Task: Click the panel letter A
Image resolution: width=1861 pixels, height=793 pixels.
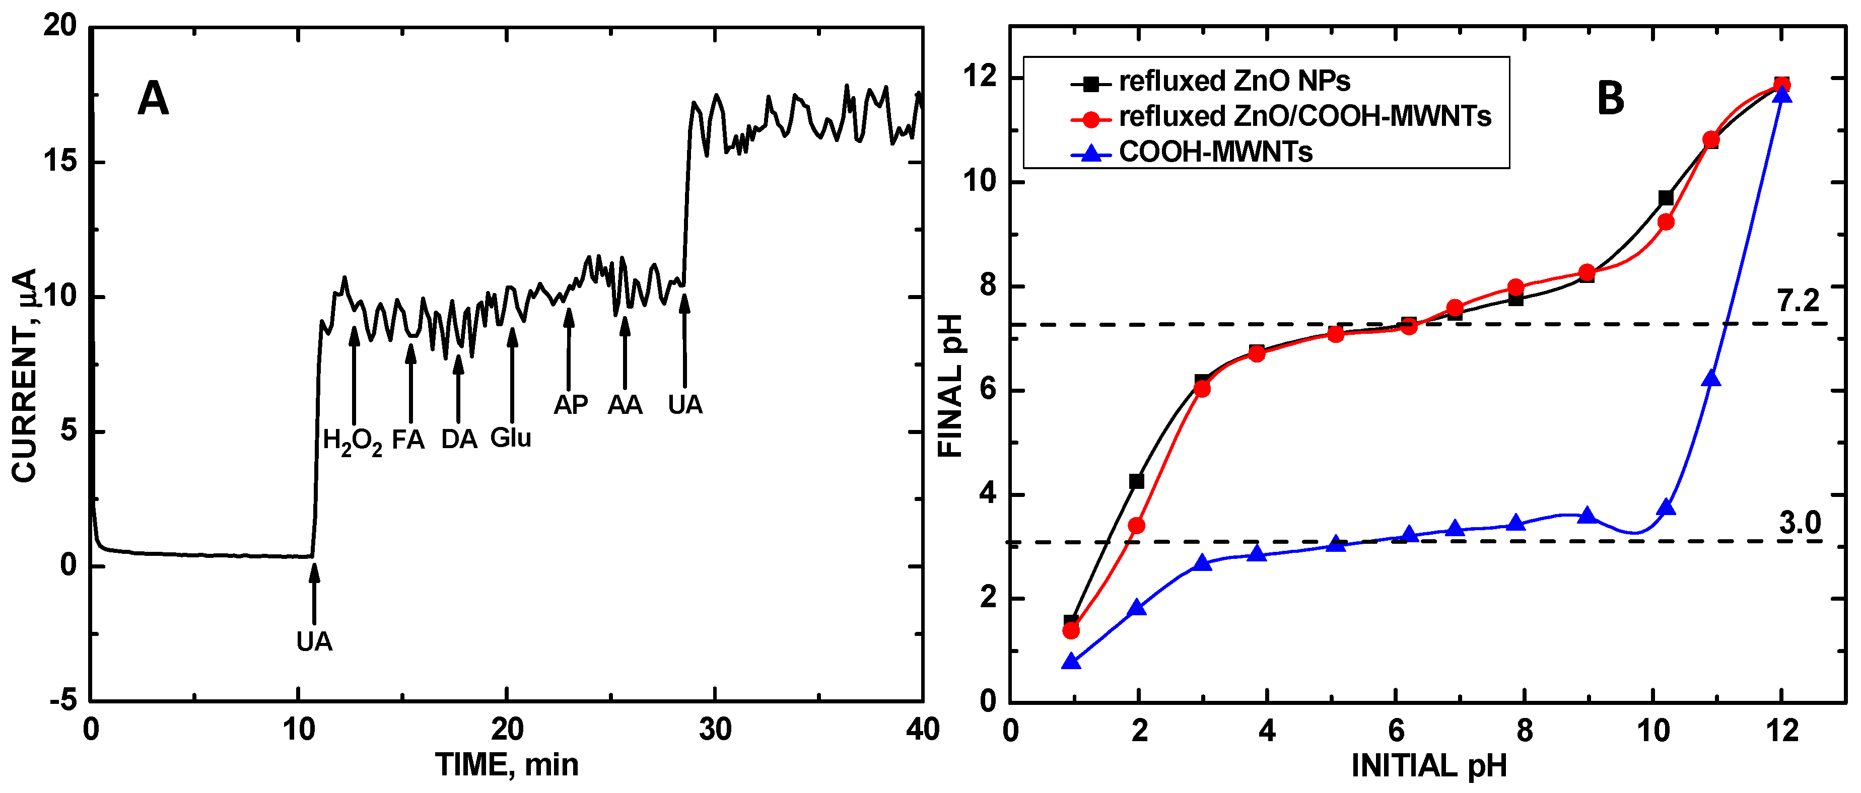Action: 153,99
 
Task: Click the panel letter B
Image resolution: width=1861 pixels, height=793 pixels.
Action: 1610,99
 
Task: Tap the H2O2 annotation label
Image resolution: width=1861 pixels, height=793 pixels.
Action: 352,441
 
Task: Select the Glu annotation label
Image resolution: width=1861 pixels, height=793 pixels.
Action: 511,438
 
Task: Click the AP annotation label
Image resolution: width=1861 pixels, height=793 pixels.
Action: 571,404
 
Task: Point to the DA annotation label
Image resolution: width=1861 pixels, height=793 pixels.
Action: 459,439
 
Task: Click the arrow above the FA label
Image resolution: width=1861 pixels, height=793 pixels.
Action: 410,383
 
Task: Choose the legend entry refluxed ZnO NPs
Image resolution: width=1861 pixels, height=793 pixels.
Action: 1234,82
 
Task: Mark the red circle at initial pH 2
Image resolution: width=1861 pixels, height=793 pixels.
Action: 1136,525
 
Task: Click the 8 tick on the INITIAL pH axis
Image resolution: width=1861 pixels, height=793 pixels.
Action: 1525,732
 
